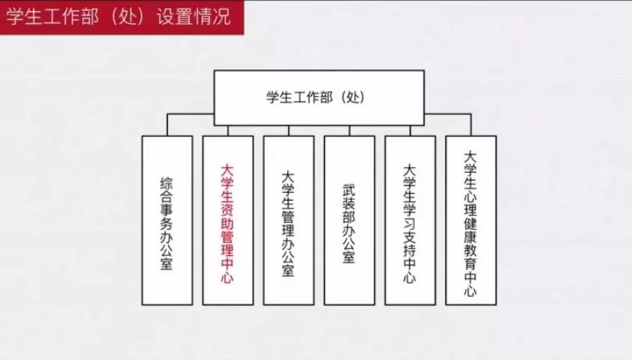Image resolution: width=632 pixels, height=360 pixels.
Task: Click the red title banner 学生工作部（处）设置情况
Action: tap(122, 17)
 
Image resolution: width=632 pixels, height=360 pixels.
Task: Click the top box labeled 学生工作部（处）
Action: tap(319, 98)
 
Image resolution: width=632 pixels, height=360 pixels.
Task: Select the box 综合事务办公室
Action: tap(167, 220)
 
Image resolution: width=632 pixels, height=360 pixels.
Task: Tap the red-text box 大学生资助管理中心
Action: tap(228, 220)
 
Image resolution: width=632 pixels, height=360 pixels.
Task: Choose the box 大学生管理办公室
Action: tap(288, 220)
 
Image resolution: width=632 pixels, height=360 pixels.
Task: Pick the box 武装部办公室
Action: tap(349, 220)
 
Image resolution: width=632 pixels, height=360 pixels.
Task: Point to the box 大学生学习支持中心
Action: tap(410, 220)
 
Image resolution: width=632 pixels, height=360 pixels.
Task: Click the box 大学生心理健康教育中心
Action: tap(471, 220)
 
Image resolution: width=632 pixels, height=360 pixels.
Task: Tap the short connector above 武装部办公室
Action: tap(349, 130)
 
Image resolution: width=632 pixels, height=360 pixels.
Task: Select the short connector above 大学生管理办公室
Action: tap(288, 130)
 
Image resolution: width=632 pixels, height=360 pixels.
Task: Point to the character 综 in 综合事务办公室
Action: tap(167, 184)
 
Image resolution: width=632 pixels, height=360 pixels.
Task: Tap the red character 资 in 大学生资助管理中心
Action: tap(227, 210)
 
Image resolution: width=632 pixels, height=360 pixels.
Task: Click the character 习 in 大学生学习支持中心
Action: tap(409, 224)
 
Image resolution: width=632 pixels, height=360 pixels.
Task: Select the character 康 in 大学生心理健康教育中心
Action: tap(470, 237)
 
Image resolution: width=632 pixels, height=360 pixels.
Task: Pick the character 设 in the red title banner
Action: tap(166, 17)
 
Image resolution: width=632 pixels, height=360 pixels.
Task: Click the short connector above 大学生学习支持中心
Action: tap(410, 130)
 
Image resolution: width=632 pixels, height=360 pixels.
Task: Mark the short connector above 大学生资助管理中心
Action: tap(228, 130)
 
